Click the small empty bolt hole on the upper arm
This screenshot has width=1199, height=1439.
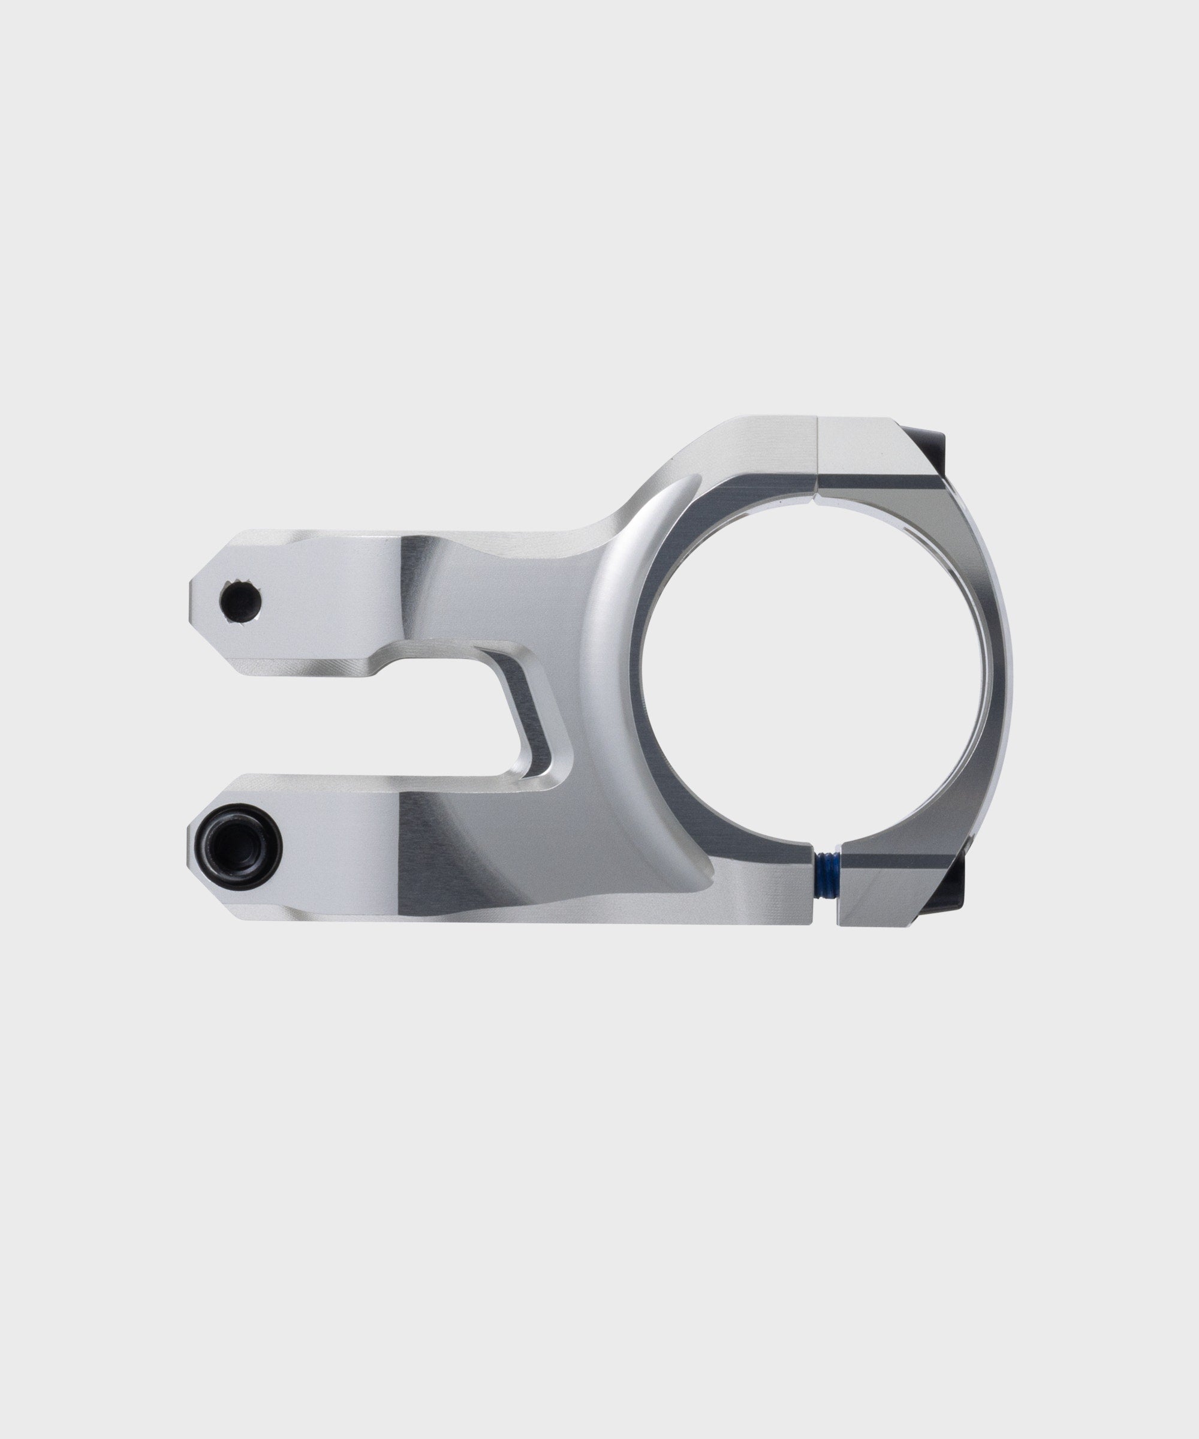tap(240, 601)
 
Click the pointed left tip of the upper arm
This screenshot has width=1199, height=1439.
tap(195, 601)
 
